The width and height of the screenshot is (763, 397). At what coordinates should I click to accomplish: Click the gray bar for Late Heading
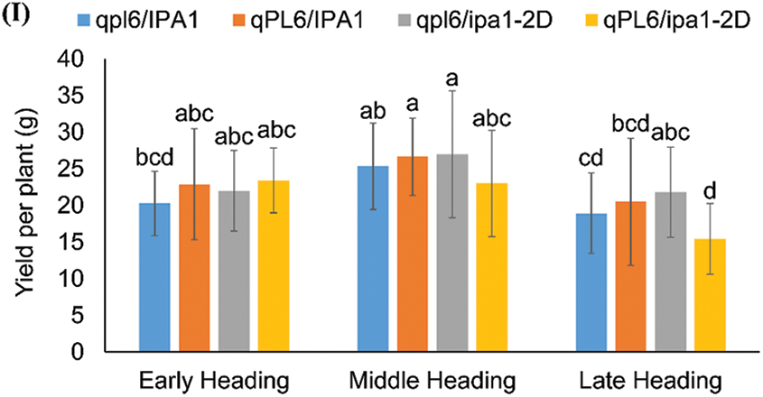pos(670,272)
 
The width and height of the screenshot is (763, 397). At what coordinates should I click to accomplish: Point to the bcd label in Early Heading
pos(154,157)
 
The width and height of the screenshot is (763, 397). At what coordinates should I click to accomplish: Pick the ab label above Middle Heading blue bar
pos(373,111)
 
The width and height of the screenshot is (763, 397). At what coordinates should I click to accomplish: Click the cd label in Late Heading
pos(591,159)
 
